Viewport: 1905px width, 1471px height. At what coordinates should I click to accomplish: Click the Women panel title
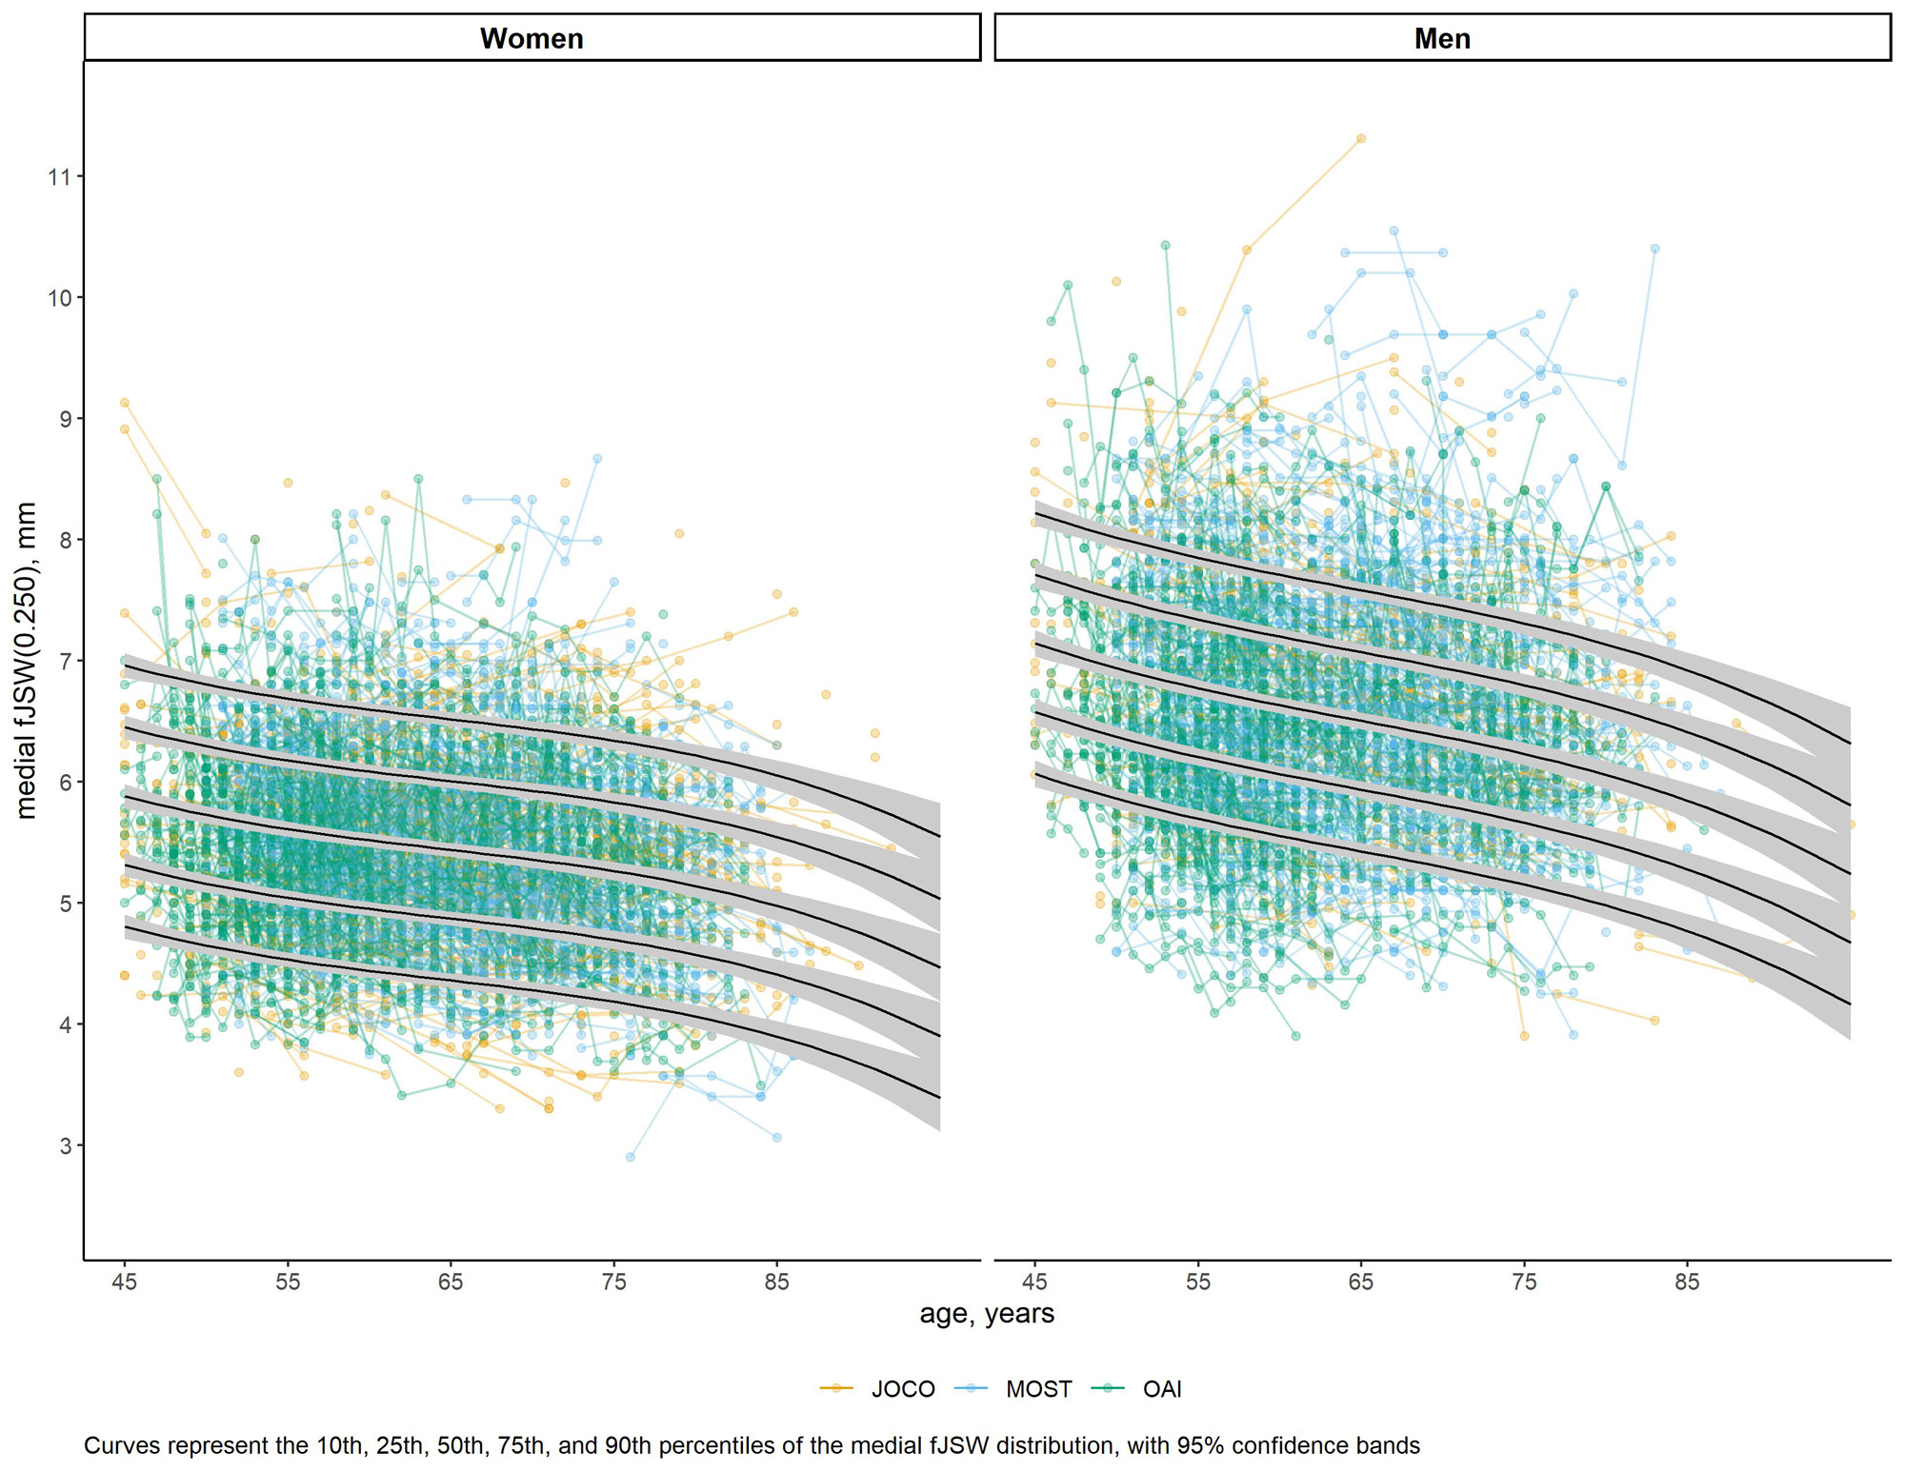click(x=531, y=38)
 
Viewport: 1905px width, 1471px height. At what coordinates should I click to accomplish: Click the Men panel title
click(x=1442, y=38)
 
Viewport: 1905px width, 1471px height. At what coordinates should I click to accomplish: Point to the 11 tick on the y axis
click(x=59, y=176)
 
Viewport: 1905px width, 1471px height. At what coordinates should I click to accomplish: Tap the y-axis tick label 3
click(x=65, y=1145)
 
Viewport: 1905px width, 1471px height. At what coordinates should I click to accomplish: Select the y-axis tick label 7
click(x=65, y=661)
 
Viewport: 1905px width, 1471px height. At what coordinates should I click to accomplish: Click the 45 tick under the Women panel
click(x=124, y=1282)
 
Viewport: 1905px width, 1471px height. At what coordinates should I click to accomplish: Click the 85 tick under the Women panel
click(x=776, y=1282)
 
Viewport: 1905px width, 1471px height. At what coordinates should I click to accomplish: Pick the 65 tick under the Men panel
click(x=1361, y=1282)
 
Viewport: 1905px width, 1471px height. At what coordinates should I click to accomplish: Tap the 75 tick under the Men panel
click(x=1524, y=1282)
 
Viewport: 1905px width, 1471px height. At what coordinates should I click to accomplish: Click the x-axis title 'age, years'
click(x=987, y=1314)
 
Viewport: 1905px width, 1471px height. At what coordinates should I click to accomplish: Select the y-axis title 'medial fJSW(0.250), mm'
click(x=26, y=660)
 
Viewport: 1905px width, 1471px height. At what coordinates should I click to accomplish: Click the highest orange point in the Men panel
click(x=1361, y=139)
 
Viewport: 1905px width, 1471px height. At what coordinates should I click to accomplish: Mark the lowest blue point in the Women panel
click(x=631, y=1157)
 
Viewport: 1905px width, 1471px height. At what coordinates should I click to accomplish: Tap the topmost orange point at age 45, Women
click(x=124, y=403)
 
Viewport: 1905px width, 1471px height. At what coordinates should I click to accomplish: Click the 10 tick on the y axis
click(x=59, y=297)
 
